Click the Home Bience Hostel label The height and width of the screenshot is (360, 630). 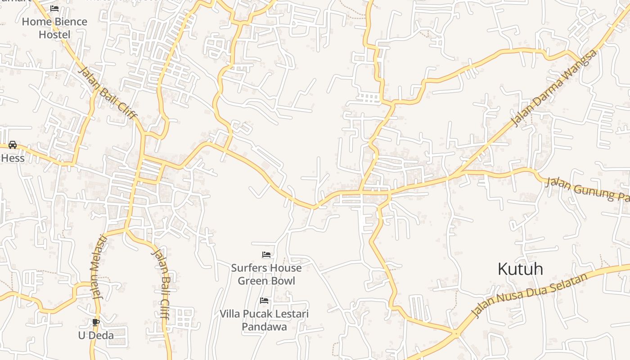point(54,28)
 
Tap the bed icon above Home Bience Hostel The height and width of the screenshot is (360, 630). point(54,9)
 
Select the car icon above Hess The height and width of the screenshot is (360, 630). point(13,144)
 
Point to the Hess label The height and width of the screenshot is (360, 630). point(13,158)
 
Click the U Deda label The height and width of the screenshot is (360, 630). point(96,335)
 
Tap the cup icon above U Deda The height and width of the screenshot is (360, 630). point(95,322)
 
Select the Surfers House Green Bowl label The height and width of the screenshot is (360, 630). point(266,274)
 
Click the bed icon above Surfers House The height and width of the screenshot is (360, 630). point(266,255)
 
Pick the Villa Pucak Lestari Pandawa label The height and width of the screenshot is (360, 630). point(264,320)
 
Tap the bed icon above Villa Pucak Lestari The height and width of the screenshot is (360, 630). point(264,300)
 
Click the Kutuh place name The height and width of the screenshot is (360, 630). point(520,269)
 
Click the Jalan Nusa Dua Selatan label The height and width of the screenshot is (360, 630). point(529,295)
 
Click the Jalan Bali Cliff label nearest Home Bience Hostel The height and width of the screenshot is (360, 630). point(107,93)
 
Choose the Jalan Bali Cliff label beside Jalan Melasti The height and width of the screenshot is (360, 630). point(161,283)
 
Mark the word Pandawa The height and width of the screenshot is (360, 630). point(264,327)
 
